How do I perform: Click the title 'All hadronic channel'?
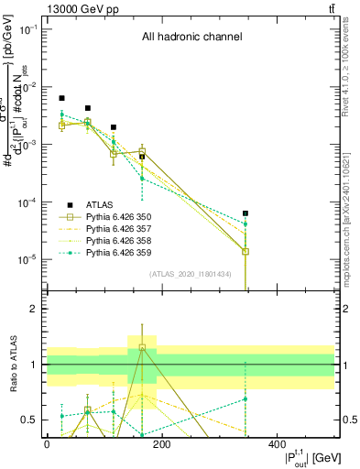pyautogui.click(x=191, y=38)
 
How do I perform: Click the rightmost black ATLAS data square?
pyautogui.click(x=245, y=213)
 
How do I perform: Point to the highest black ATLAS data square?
pyautogui.click(x=62, y=98)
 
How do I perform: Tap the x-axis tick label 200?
pyautogui.click(x=161, y=444)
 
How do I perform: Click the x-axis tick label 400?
pyautogui.click(x=277, y=444)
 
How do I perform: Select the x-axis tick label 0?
pyautogui.click(x=47, y=444)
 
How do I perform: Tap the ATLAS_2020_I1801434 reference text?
pyautogui.click(x=191, y=275)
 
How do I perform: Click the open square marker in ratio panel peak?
pyautogui.click(x=142, y=348)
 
